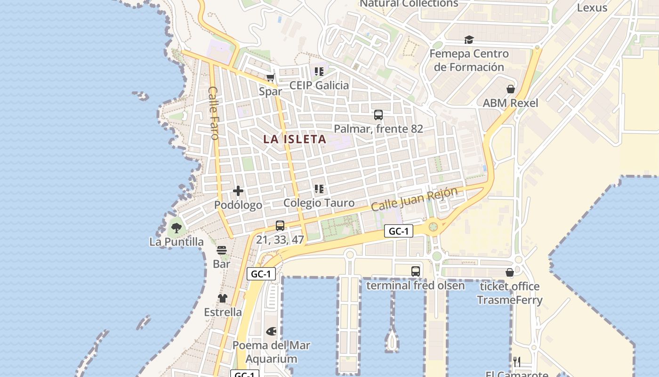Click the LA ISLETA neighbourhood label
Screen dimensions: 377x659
click(x=295, y=139)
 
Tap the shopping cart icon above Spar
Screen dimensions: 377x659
click(x=270, y=78)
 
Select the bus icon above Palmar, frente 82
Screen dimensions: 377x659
click(x=378, y=115)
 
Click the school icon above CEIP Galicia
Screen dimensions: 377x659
click(x=319, y=72)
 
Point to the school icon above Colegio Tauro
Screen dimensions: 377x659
click(x=319, y=189)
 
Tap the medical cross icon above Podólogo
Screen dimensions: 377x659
click(x=238, y=191)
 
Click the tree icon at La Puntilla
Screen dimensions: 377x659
click(x=177, y=228)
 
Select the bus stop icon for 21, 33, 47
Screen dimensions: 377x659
click(x=280, y=226)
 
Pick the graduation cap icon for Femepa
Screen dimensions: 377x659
click(x=469, y=40)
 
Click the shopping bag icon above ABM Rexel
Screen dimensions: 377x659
click(x=510, y=89)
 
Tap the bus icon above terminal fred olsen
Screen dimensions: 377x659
click(x=415, y=271)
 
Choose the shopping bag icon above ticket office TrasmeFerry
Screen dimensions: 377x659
click(x=509, y=272)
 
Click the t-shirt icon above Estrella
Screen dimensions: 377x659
click(x=223, y=298)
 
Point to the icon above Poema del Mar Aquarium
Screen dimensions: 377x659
click(x=271, y=332)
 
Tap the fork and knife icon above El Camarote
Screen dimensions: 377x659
click(x=517, y=362)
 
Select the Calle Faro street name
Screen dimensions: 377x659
click(x=214, y=113)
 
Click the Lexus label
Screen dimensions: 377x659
click(x=592, y=8)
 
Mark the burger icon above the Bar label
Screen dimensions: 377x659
click(x=222, y=250)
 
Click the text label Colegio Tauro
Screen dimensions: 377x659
click(x=319, y=203)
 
